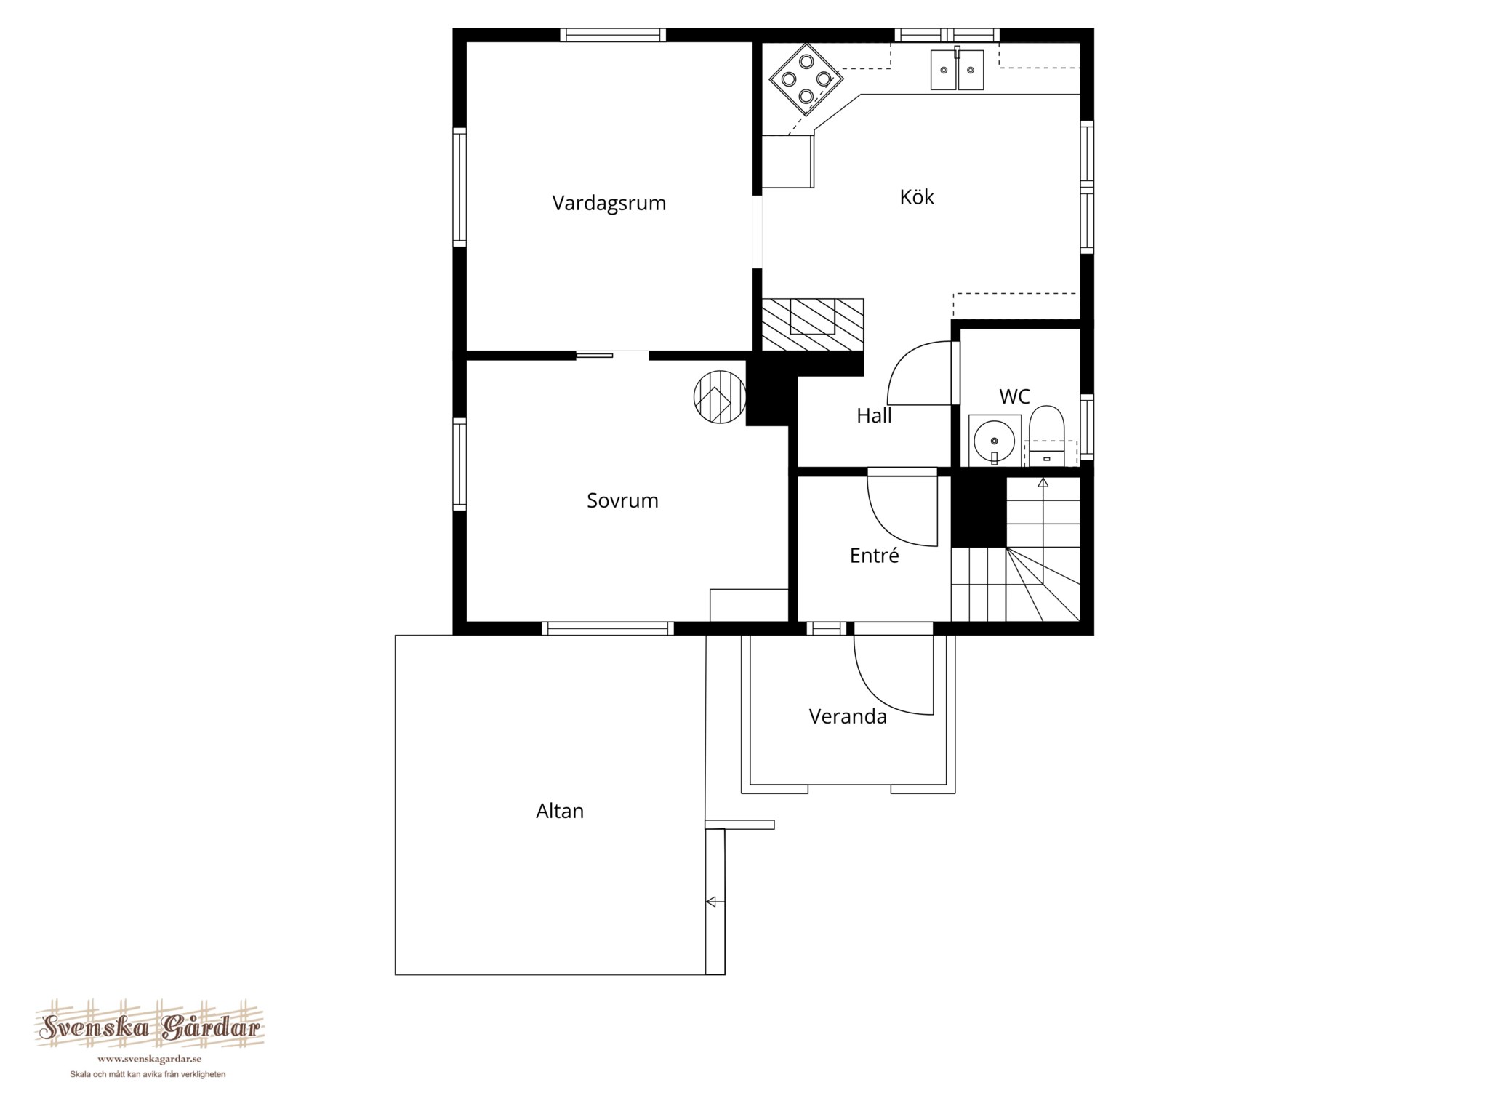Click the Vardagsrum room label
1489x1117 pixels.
609,204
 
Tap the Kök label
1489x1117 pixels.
916,197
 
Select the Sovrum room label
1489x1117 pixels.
622,500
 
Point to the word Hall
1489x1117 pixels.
874,415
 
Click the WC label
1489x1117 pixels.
1014,396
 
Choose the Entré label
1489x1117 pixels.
874,556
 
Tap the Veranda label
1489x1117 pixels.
848,717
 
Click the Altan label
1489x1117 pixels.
560,811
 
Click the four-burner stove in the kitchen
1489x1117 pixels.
806,79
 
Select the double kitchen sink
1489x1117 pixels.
957,69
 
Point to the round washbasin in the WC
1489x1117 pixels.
994,440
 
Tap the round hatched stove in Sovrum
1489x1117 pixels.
720,397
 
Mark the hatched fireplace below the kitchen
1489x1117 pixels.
813,324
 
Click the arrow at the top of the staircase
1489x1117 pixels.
1043,481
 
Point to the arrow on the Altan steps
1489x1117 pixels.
711,902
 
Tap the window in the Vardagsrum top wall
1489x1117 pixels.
613,35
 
